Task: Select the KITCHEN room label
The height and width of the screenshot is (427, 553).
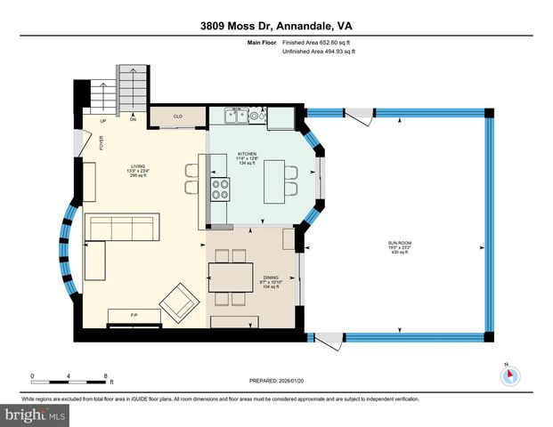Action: click(246, 157)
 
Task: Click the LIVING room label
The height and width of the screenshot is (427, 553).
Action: click(138, 170)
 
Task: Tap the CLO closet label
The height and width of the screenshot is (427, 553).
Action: click(177, 116)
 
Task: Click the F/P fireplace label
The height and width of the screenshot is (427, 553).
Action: click(134, 315)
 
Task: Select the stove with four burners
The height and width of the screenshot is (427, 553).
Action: click(219, 189)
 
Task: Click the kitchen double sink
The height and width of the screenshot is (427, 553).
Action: click(236, 114)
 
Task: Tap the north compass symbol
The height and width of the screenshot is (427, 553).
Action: click(508, 375)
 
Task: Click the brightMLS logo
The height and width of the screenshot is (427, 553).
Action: click(35, 415)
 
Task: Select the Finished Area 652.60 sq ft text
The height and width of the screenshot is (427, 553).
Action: click(317, 42)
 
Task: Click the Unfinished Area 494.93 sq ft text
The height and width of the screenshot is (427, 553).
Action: click(317, 52)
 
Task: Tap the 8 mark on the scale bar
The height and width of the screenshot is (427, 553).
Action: click(105, 375)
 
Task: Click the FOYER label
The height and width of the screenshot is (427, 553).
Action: click(102, 143)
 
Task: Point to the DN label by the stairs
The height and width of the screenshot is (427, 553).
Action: click(133, 119)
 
